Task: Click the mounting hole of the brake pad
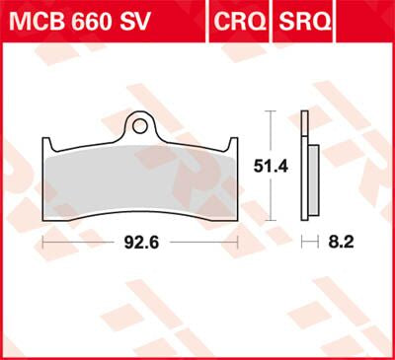coord(140,126)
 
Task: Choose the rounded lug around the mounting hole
coord(140,117)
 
